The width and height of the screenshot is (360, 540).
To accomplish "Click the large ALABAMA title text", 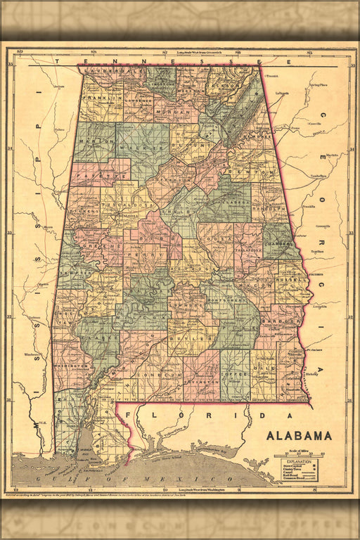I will click(299, 435).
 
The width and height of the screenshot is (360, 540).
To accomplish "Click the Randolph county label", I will click(271, 208).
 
